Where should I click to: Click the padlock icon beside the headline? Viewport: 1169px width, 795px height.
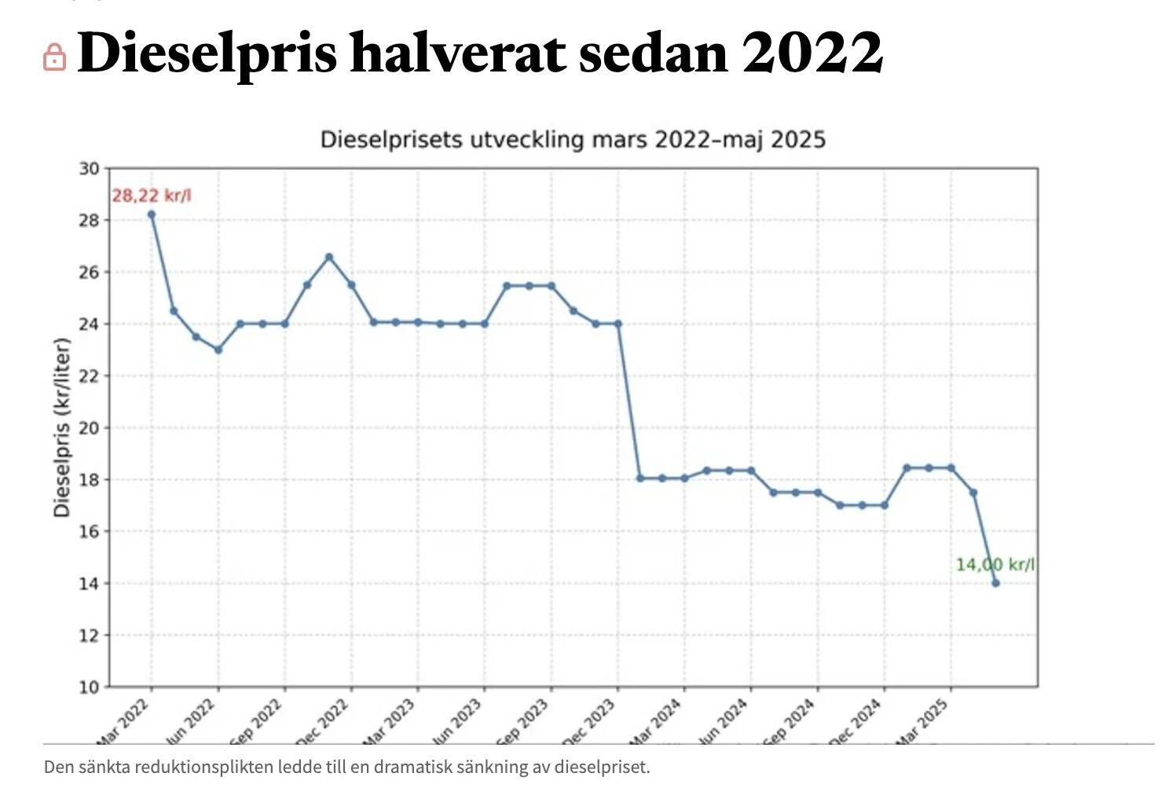point(54,57)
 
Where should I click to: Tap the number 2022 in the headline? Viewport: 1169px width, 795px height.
point(812,53)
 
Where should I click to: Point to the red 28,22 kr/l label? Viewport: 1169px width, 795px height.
point(151,195)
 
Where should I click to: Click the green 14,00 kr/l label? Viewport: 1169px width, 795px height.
point(995,564)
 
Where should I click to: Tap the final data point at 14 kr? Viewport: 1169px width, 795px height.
point(995,583)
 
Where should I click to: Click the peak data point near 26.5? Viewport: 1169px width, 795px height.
point(329,257)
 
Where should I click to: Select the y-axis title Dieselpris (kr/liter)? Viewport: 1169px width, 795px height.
point(62,427)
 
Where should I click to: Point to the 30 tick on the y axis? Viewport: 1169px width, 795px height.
point(89,168)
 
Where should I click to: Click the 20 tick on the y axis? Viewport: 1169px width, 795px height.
point(89,427)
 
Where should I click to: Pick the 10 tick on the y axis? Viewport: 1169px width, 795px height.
point(89,687)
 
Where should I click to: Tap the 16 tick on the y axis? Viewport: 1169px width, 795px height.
point(89,531)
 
